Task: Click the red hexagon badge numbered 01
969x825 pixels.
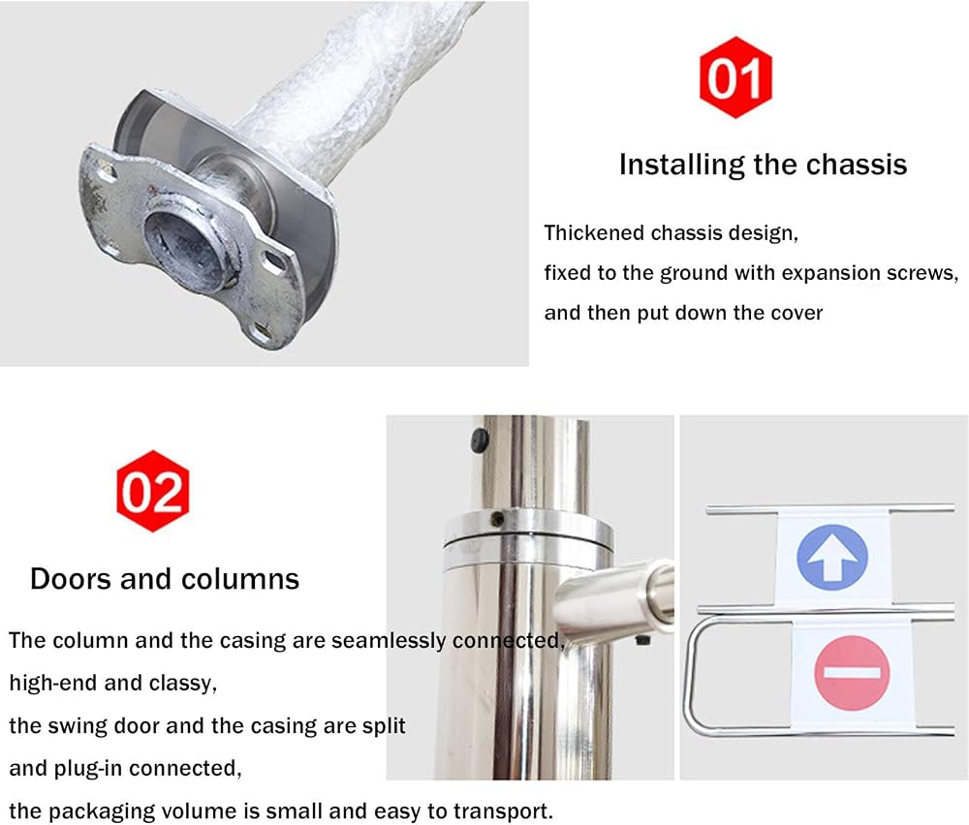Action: point(735,77)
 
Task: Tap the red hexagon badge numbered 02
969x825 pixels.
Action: point(153,491)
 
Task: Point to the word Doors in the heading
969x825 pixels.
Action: point(71,579)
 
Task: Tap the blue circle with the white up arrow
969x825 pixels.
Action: point(832,557)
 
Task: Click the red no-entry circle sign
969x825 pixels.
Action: point(852,672)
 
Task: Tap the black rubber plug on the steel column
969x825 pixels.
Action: point(480,440)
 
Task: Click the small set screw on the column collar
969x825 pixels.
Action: point(497,519)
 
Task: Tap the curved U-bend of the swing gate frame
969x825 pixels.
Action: point(695,677)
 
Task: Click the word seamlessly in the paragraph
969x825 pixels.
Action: point(389,640)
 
